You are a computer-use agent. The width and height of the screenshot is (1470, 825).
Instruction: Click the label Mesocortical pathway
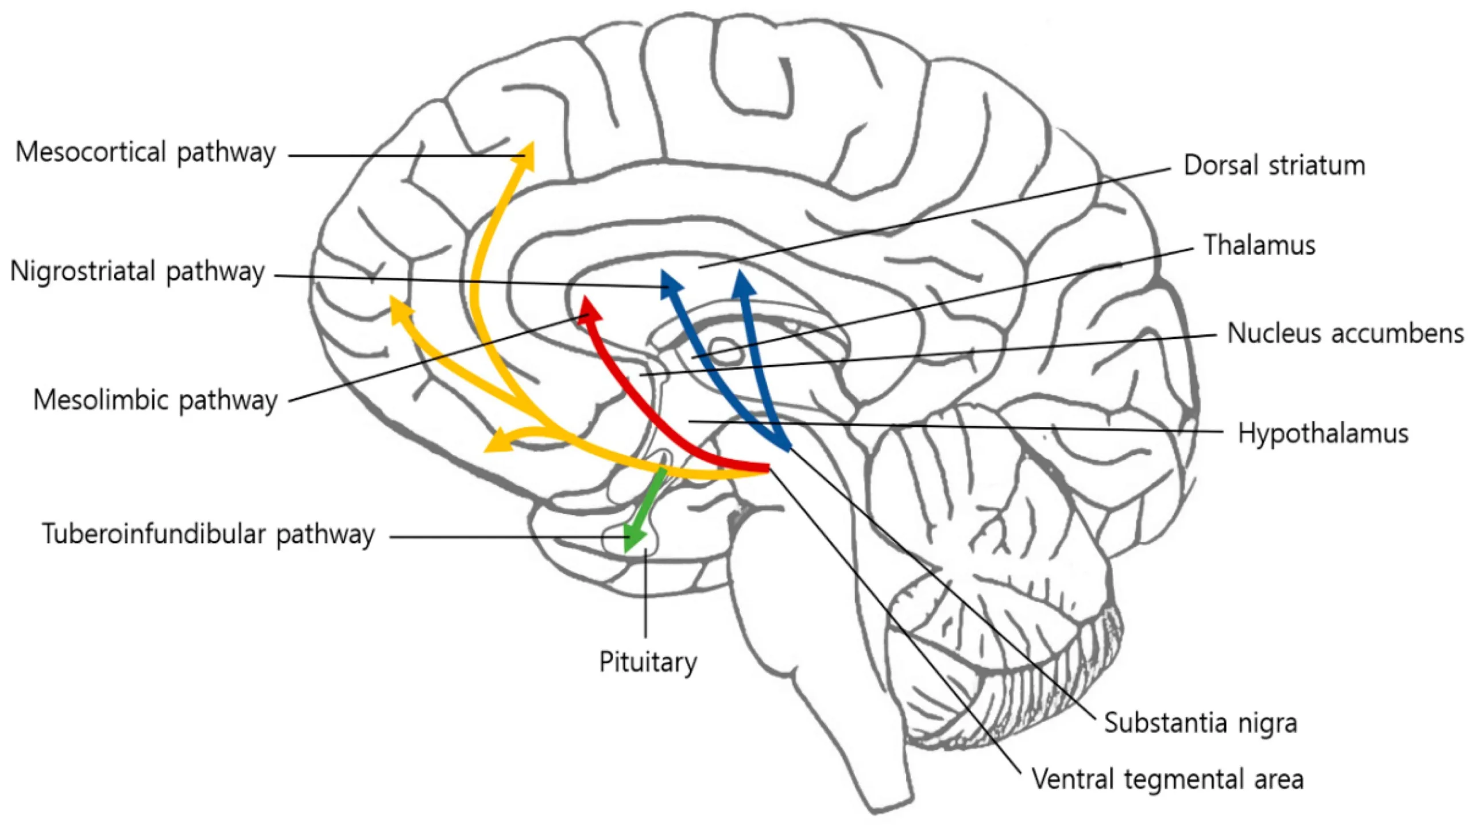(x=145, y=153)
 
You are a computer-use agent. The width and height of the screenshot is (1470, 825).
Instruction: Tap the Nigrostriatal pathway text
(x=137, y=271)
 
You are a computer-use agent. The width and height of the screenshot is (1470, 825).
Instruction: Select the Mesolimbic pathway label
(x=155, y=400)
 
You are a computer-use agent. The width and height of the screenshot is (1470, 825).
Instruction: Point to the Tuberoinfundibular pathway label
(x=208, y=534)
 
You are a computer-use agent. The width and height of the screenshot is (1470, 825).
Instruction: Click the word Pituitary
(x=648, y=662)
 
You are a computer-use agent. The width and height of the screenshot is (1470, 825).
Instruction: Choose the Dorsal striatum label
(x=1274, y=165)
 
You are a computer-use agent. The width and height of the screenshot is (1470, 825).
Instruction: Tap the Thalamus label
(x=1259, y=245)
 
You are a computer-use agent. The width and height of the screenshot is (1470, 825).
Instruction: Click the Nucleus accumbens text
(x=1345, y=333)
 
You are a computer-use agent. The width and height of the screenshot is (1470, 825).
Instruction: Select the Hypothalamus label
(x=1322, y=433)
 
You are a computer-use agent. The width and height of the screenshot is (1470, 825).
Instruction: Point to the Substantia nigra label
(x=1200, y=723)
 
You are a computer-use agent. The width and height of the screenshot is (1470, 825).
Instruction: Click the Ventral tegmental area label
(x=1167, y=780)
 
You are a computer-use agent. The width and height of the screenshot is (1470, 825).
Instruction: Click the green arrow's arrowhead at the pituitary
(x=633, y=539)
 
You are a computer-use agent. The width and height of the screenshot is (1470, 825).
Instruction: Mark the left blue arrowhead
(x=670, y=284)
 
